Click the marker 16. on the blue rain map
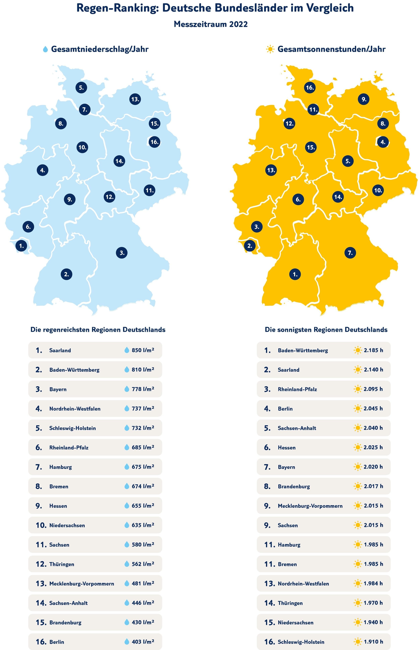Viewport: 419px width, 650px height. point(154,142)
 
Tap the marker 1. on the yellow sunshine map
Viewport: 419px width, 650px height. point(295,274)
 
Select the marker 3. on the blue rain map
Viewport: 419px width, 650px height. point(122,253)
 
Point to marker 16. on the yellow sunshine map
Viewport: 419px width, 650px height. point(310,87)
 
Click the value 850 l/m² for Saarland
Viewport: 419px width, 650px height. point(143,350)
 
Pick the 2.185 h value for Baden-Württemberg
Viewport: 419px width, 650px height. point(373,350)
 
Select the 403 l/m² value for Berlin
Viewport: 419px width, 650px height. point(143,642)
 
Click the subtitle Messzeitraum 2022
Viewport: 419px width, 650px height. point(211,24)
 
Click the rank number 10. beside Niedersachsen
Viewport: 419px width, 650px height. point(41,525)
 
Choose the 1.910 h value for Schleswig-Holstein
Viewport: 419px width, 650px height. point(373,642)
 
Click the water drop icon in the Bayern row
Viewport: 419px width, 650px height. point(127,389)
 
